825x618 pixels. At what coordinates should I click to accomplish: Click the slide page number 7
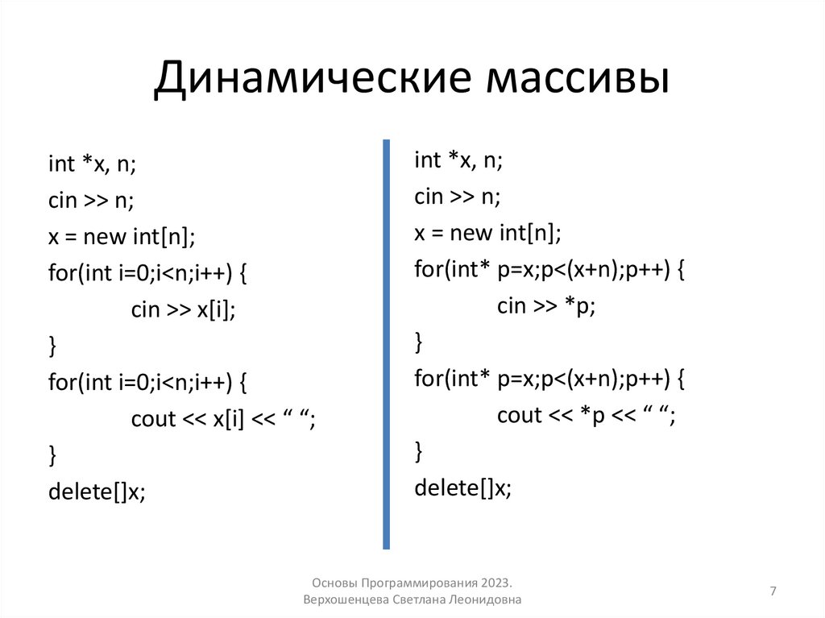pyautogui.click(x=773, y=592)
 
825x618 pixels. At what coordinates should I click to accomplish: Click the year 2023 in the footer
pyautogui.click(x=495, y=582)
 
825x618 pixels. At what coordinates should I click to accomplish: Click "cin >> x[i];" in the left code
pyautogui.click(x=183, y=309)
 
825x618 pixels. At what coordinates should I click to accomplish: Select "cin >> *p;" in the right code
pyautogui.click(x=545, y=305)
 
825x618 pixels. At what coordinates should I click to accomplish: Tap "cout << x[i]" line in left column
pyautogui.click(x=186, y=419)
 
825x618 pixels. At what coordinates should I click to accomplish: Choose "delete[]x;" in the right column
pyautogui.click(x=463, y=487)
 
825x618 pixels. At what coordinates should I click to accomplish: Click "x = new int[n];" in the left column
pyautogui.click(x=122, y=237)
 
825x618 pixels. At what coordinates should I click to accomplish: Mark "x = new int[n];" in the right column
pyautogui.click(x=488, y=233)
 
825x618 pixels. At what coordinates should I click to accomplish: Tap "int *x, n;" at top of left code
pyautogui.click(x=92, y=164)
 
